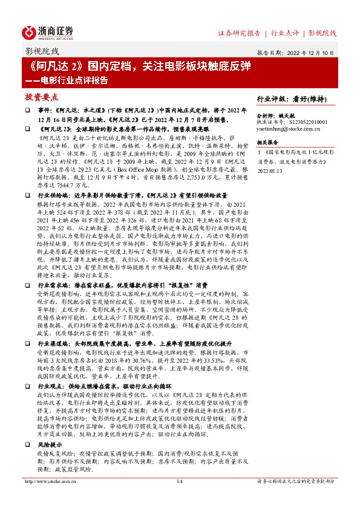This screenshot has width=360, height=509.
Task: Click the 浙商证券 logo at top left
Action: (48, 32)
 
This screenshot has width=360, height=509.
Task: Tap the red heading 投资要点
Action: (42, 97)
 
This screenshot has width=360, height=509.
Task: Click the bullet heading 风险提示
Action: (50, 443)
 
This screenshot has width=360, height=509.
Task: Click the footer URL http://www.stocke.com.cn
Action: (50, 481)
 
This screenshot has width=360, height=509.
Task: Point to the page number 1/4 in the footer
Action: (179, 481)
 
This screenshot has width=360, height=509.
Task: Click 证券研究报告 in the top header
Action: (239, 33)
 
